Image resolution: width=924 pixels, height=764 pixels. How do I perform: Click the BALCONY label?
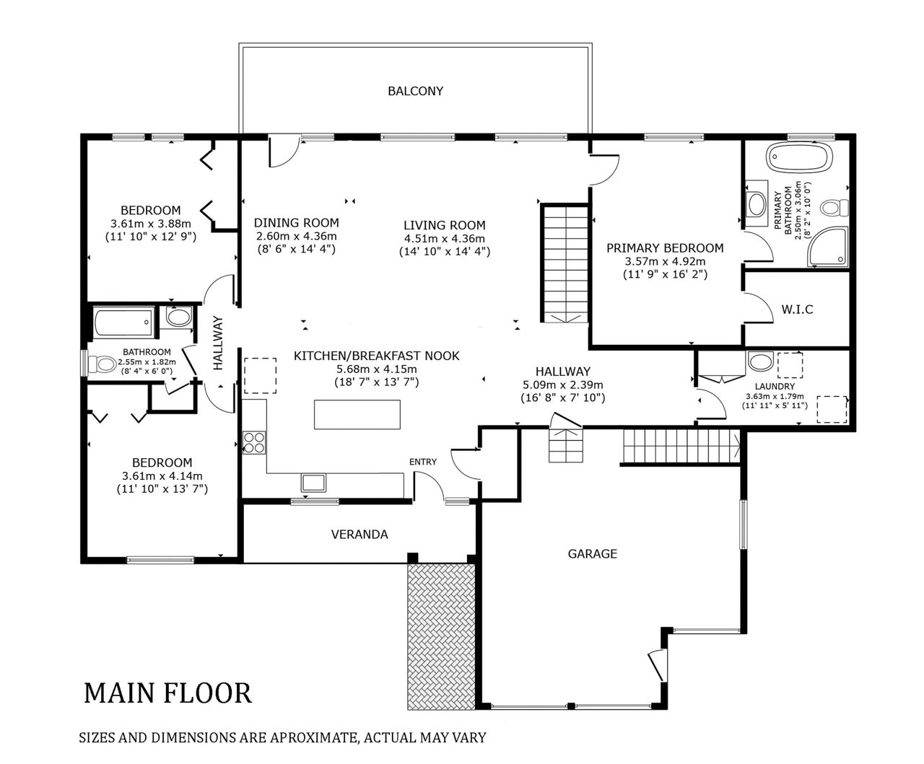pyautogui.click(x=415, y=91)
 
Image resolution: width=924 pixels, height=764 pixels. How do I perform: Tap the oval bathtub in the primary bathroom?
pyautogui.click(x=799, y=157)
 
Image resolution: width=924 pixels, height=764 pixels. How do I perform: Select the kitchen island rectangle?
pyautogui.click(x=357, y=415)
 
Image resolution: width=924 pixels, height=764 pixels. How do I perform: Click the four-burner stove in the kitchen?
pyautogui.click(x=254, y=442)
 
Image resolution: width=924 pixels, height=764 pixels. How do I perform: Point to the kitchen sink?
pyautogui.click(x=313, y=483)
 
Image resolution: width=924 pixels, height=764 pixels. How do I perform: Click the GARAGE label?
pyautogui.click(x=592, y=554)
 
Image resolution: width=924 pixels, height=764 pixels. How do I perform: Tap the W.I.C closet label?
pyautogui.click(x=797, y=309)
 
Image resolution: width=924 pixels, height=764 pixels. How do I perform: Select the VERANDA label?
pyautogui.click(x=359, y=535)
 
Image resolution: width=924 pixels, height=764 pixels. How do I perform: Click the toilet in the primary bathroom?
pyautogui.click(x=834, y=208)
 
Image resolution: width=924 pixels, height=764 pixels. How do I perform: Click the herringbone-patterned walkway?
pyautogui.click(x=441, y=636)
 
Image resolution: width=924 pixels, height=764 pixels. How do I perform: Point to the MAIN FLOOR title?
pyautogui.click(x=167, y=693)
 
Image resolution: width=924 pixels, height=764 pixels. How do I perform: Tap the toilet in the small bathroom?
pyautogui.click(x=101, y=364)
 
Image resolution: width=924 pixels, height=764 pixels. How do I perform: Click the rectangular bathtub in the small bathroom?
pyautogui.click(x=124, y=322)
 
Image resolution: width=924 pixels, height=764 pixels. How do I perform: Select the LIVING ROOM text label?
pyautogui.click(x=444, y=225)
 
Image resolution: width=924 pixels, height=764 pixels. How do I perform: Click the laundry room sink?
pyautogui.click(x=760, y=361)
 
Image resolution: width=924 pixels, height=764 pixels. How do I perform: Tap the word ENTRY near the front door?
pyautogui.click(x=422, y=462)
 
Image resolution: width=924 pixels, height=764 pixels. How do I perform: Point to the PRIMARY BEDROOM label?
pyautogui.click(x=665, y=248)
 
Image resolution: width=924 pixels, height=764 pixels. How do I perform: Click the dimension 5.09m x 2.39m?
pyautogui.click(x=563, y=385)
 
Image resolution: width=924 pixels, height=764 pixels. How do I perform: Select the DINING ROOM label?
pyautogui.click(x=297, y=222)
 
